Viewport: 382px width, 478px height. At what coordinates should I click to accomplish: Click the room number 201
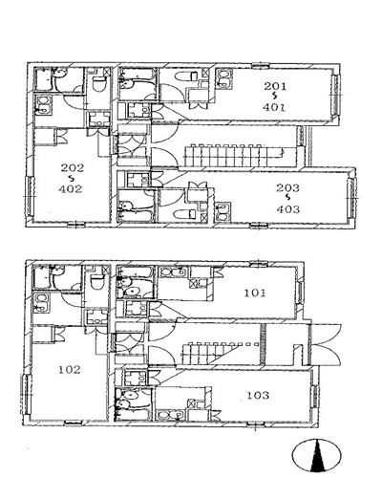coord(275,86)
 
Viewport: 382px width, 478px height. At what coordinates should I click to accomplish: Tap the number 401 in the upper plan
coord(274,107)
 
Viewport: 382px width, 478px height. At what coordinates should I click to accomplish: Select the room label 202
coord(73,167)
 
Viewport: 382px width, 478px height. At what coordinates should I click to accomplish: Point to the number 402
coord(71,189)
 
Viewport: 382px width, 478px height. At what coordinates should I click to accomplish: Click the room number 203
coord(287,188)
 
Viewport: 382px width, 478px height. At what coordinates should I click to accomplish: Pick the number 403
coord(288,209)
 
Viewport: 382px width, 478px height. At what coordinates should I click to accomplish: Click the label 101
coord(255,293)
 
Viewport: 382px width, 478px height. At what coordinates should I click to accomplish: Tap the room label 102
coord(70,370)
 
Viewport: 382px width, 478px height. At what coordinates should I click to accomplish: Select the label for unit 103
coord(258,395)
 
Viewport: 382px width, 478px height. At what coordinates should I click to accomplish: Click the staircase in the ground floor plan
coord(221,353)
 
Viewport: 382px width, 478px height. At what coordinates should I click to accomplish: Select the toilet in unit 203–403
coord(185,213)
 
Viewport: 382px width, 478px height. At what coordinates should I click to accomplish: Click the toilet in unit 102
coord(97,281)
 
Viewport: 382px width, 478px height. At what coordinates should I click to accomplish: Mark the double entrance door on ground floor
coord(326,345)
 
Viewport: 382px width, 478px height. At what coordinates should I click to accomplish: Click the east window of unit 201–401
coord(335,95)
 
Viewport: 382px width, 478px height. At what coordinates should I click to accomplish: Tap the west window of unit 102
coord(26,394)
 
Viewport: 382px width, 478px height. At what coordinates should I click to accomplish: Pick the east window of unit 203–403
coord(351,198)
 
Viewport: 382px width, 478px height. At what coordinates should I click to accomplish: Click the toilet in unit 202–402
coord(98,84)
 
